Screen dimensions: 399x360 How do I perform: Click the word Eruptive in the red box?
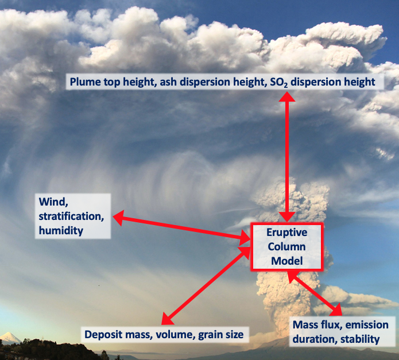coord(287,233)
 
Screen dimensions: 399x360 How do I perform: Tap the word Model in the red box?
coord(287,261)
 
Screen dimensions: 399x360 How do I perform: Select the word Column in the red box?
coord(287,247)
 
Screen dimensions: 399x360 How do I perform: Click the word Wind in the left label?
coord(53,202)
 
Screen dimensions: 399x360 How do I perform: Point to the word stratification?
coord(71,216)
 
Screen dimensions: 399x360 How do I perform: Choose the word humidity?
coord(61,231)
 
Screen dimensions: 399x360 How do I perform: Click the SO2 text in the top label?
coord(278,83)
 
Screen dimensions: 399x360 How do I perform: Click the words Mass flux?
coord(317,325)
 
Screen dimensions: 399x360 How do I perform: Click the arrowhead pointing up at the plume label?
coord(287,96)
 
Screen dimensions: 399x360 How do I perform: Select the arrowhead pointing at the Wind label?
coord(118,218)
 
